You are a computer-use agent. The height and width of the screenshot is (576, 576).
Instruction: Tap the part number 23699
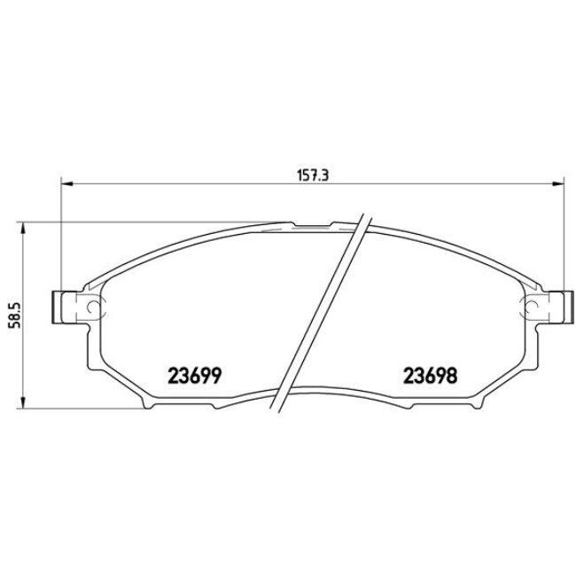point(194,375)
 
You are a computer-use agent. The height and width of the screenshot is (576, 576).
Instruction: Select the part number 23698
point(430,375)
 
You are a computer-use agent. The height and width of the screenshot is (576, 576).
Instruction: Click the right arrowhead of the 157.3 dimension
point(559,184)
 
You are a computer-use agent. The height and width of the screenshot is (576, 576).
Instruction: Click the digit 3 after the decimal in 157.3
point(327,175)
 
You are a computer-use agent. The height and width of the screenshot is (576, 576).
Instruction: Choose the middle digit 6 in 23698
point(430,375)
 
